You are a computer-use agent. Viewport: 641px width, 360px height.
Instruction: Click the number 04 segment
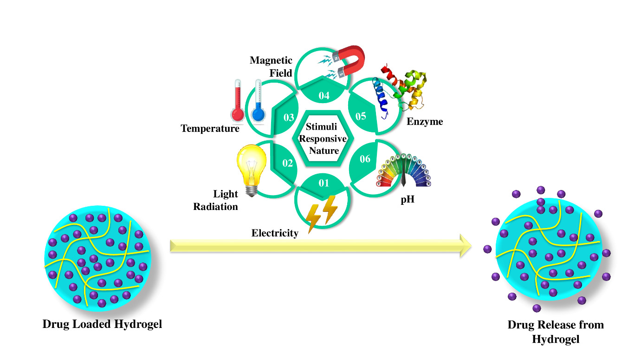[x=324, y=96]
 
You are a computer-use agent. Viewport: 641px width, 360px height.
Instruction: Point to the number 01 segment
[x=324, y=183]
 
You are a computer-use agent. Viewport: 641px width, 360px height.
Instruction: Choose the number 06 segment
[x=365, y=159]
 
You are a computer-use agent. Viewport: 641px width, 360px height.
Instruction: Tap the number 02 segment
[x=287, y=164]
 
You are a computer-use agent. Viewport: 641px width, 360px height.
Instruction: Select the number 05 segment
[x=361, y=116]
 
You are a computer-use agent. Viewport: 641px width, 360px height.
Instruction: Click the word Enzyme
[x=425, y=122]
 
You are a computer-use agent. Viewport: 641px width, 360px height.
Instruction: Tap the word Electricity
[x=275, y=233]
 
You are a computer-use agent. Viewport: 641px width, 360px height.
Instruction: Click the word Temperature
[x=210, y=129]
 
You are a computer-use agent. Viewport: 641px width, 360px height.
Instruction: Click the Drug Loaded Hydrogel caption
[x=102, y=324]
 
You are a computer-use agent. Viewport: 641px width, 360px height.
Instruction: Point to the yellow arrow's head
[x=466, y=246]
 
